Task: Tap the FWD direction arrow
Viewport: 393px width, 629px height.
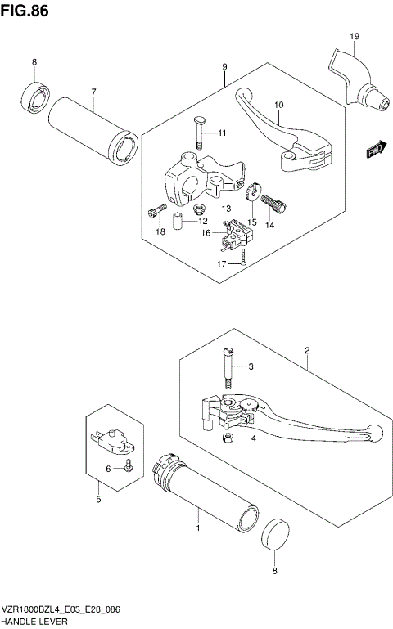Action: coord(376,150)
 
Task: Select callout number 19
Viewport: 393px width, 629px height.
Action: coord(354,36)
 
